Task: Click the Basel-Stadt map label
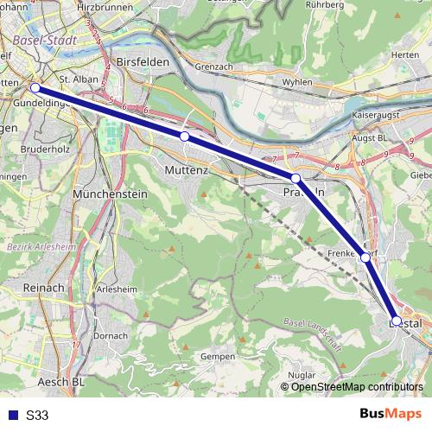(47, 40)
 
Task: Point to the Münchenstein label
(111, 195)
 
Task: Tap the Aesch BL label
(61, 381)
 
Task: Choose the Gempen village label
(217, 356)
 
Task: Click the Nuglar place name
(301, 376)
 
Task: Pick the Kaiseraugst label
(378, 114)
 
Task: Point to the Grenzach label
(215, 65)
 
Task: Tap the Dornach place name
(110, 335)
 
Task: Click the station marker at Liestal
(396, 321)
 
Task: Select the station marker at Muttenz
(184, 137)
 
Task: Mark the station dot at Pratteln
(295, 178)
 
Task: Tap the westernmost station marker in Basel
(35, 87)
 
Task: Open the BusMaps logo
(390, 414)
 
